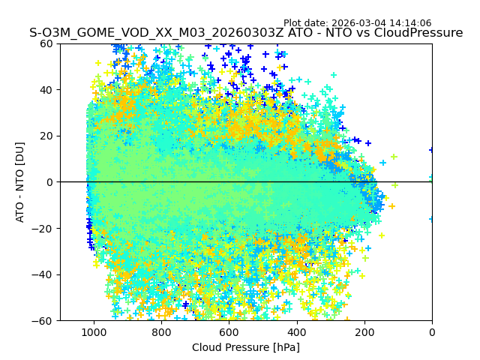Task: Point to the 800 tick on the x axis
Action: (161, 332)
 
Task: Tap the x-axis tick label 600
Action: (229, 332)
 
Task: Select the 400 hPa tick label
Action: (296, 332)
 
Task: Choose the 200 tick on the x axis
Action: (364, 332)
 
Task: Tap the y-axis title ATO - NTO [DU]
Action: (20, 182)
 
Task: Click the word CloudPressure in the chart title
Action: (418, 33)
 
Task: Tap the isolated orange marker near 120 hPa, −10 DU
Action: (391, 206)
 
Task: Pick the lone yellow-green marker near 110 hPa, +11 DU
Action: (394, 157)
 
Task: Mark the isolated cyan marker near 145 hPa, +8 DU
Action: (383, 163)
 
